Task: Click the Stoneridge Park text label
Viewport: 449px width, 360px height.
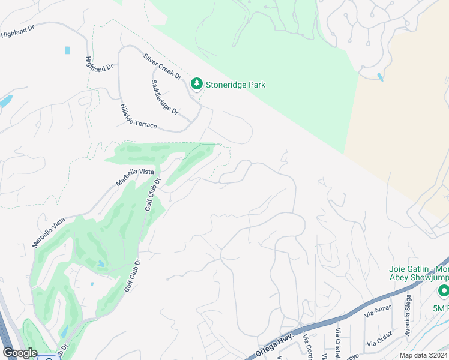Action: [x=235, y=85]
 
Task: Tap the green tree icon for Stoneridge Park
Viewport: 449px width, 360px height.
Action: [x=196, y=85]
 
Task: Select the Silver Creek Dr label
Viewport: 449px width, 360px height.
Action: [x=162, y=66]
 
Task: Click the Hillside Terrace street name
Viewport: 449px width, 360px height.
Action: [x=138, y=115]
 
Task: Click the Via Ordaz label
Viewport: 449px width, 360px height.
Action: [x=380, y=338]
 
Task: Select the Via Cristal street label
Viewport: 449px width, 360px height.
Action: [x=338, y=342]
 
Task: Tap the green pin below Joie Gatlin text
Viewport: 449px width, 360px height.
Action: [x=444, y=292]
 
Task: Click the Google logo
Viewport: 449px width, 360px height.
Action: [x=20, y=353]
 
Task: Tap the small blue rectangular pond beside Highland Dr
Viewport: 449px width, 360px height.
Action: [x=67, y=50]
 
